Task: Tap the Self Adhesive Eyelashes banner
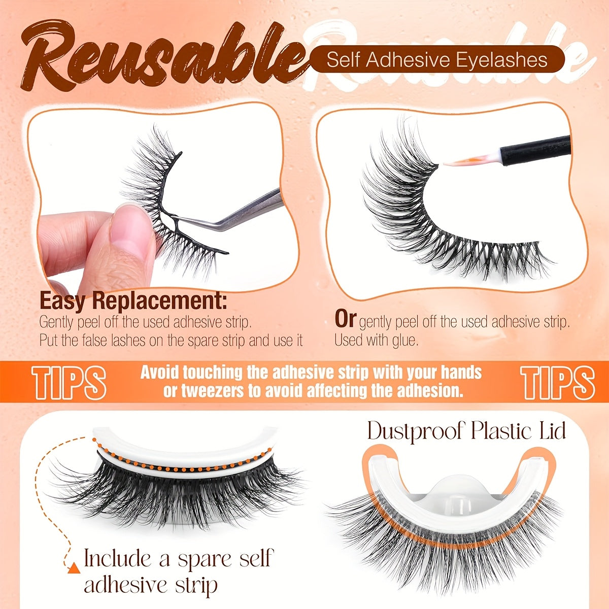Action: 437,60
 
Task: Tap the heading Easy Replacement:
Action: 133,301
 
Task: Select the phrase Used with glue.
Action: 376,340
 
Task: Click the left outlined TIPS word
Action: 70,381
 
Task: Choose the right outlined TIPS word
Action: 558,381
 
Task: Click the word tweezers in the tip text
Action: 202,391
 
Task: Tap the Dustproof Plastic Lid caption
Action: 466,431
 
